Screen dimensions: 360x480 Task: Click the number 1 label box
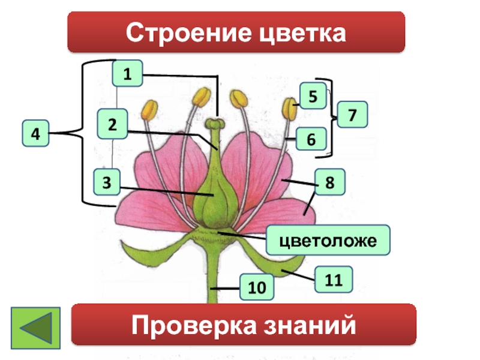pos(127,74)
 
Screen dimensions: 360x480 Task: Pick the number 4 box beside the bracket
pos(36,134)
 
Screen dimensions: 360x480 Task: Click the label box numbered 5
pos(313,96)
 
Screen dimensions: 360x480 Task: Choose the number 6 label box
pos(311,139)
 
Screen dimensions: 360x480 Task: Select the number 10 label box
pos(255,287)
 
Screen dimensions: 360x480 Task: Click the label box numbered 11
pos(329,280)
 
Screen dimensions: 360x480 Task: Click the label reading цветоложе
pos(328,239)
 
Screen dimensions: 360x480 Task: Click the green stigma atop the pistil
pos(214,124)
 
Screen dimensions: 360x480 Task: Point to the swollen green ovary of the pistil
pos(214,201)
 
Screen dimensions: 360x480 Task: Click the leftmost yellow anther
pos(149,109)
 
